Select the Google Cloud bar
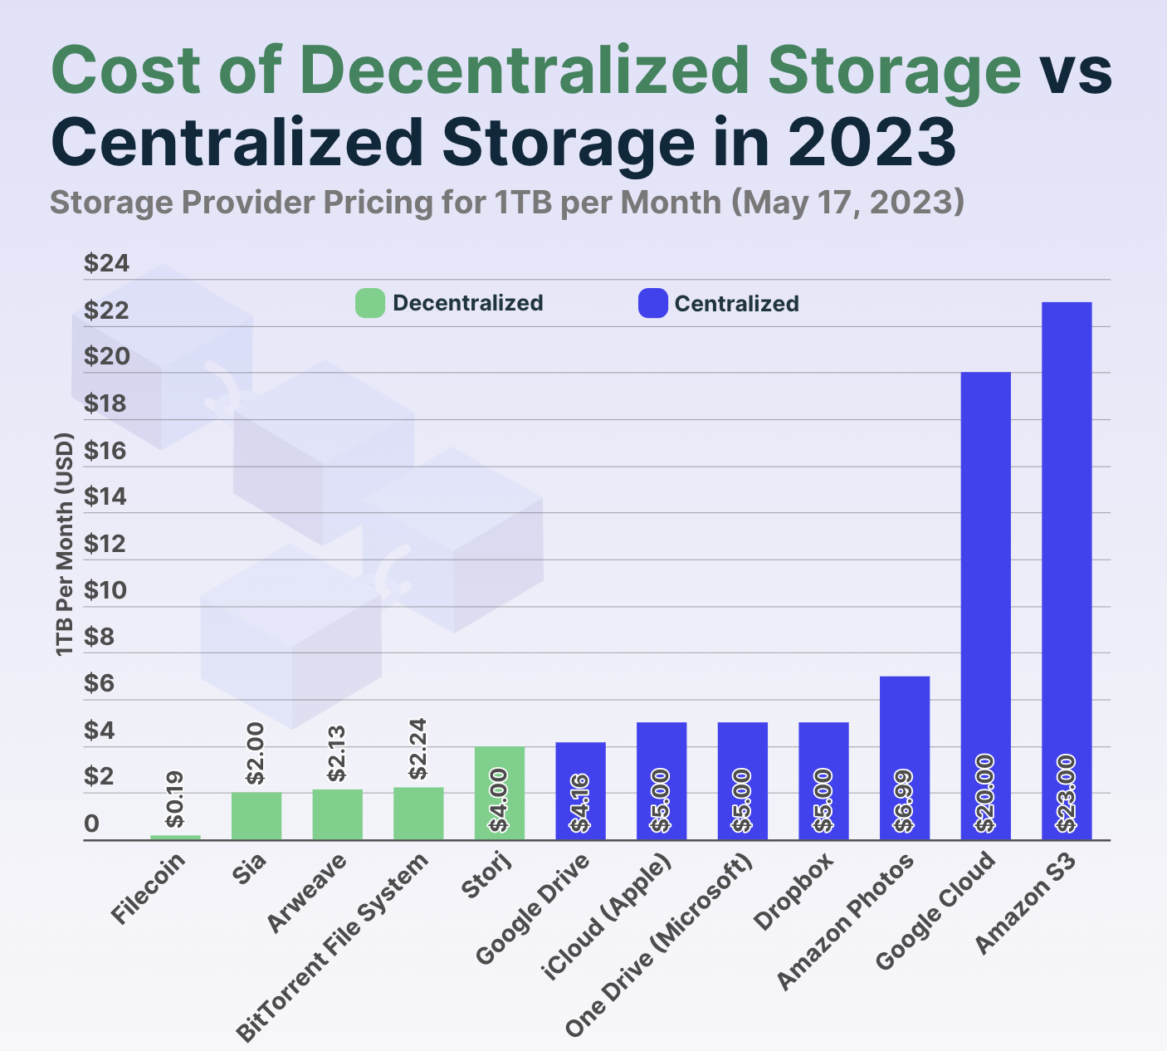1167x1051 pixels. point(985,606)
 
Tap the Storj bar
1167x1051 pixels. point(500,793)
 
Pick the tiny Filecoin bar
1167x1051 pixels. point(175,837)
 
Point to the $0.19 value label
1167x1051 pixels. point(175,799)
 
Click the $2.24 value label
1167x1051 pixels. point(418,749)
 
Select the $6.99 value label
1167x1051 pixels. point(904,800)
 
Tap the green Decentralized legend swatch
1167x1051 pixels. point(370,303)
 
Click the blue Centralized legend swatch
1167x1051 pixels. point(652,303)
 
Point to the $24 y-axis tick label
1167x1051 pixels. point(107,264)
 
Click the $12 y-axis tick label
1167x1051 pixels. point(107,544)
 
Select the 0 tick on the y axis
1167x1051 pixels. point(91,824)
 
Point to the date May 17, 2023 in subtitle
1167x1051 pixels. point(847,202)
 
